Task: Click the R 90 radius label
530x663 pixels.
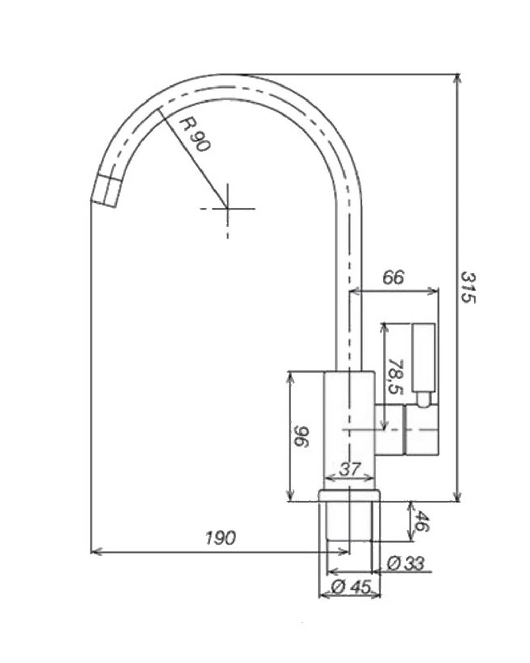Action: coord(195,134)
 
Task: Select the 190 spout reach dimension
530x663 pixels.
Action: coord(220,538)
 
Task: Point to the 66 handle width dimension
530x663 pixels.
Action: coord(393,278)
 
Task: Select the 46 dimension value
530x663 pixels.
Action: coord(422,522)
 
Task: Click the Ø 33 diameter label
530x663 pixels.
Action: coord(406,564)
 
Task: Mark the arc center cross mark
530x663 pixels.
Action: coord(227,208)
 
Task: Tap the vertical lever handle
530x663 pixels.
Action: coord(423,357)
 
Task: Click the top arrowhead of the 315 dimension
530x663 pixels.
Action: coord(457,78)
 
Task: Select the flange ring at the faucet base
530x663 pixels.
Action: coord(349,495)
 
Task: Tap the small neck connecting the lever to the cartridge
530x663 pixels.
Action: coord(423,399)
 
